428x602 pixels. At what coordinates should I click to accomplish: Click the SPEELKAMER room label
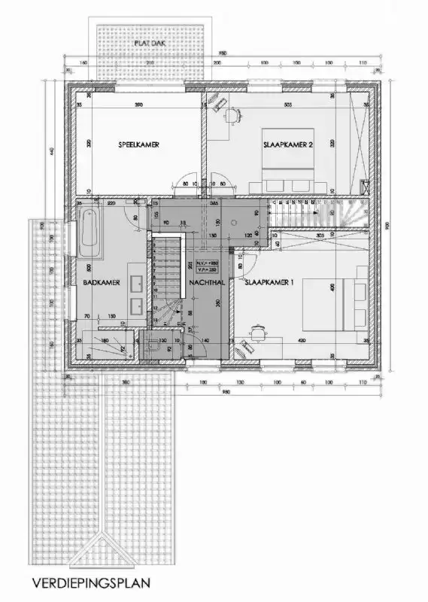[138, 144]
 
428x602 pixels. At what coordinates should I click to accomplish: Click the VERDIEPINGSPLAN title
[92, 582]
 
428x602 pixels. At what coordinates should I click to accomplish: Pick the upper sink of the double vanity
[138, 283]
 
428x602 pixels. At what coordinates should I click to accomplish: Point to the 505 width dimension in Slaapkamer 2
[287, 104]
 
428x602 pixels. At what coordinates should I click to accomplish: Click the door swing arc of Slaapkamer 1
[250, 260]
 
